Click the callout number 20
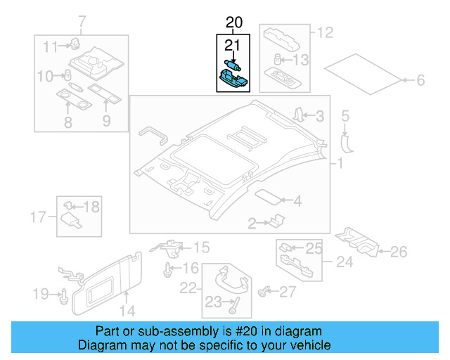233,23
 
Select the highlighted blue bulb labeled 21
231,65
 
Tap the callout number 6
420,81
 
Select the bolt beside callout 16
167,269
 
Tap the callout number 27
288,291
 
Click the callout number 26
398,251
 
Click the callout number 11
49,47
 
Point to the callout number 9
107,122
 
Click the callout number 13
300,60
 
